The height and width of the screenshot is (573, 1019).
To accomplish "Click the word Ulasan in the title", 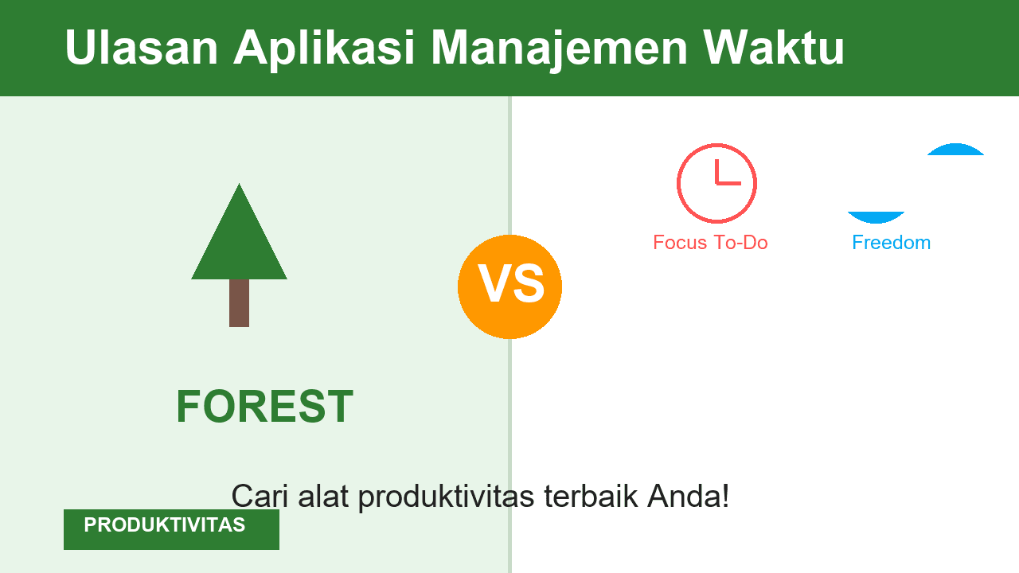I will (x=141, y=48).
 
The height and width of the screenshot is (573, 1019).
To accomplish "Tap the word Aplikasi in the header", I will (x=324, y=48).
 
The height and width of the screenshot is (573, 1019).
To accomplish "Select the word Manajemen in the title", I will (x=559, y=48).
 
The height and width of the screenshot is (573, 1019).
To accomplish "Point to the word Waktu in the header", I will (x=774, y=48).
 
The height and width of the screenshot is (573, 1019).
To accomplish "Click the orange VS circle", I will (x=509, y=286).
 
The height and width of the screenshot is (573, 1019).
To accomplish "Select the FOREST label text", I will (x=264, y=407).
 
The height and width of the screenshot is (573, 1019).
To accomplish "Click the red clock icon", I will (x=716, y=183).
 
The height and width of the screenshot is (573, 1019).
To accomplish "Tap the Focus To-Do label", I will (x=710, y=243).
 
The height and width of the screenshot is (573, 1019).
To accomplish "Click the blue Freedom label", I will (x=891, y=243).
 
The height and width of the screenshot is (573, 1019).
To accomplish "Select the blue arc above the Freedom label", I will (x=876, y=217).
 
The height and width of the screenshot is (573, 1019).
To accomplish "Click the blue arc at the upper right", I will (x=955, y=149).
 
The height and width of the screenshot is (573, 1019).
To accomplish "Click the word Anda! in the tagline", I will (x=688, y=496).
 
